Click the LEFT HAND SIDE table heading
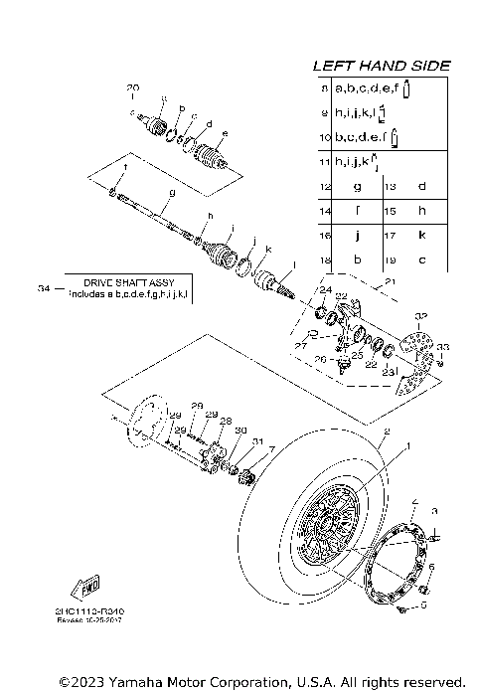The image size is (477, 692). tap(382, 66)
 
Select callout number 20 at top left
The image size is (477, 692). tap(133, 89)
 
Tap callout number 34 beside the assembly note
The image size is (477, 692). tap(43, 288)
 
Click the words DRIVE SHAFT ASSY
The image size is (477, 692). tap(131, 283)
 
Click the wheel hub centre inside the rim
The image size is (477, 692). tap(327, 524)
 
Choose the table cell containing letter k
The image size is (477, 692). tap(421, 235)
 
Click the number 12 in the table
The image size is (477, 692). tap(324, 186)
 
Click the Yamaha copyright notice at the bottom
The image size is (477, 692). tap(262, 682)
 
